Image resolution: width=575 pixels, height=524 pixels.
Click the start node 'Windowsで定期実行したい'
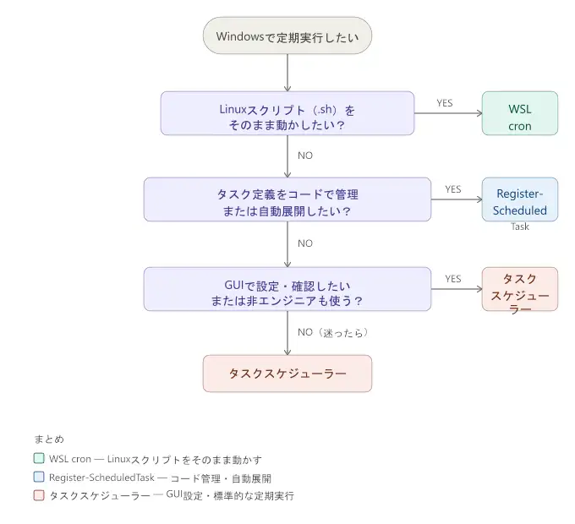tap(287, 36)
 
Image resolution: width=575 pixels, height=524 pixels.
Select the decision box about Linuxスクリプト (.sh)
tap(287, 113)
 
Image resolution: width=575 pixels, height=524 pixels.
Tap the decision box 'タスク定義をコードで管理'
tap(287, 199)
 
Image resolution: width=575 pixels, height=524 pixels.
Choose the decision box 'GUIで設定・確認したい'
tap(287, 289)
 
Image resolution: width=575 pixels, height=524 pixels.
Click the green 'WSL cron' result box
tap(520, 113)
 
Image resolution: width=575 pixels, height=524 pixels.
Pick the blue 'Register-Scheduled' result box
tap(520, 199)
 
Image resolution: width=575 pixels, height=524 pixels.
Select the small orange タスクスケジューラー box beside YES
tap(520, 289)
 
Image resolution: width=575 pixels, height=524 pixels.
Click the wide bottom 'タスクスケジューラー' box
tap(287, 373)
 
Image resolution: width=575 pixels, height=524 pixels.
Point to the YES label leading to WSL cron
tap(445, 103)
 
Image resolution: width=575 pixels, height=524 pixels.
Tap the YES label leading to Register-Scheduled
tap(453, 189)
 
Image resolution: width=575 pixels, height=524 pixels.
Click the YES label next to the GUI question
tap(453, 279)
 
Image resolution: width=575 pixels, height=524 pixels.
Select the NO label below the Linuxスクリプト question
tap(305, 156)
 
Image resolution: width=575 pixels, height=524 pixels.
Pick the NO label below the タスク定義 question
tap(305, 243)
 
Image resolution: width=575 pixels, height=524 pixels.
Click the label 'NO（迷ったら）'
tap(332, 332)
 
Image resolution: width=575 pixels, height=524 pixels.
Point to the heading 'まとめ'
tap(49, 439)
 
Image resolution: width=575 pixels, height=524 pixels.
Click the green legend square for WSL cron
tap(39, 459)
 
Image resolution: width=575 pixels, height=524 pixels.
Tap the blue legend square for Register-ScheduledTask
tap(39, 478)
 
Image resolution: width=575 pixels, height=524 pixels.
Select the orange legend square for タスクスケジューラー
tap(39, 496)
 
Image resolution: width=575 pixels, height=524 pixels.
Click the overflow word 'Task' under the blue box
tap(520, 227)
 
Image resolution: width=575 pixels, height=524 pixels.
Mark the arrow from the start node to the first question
tap(287, 73)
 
